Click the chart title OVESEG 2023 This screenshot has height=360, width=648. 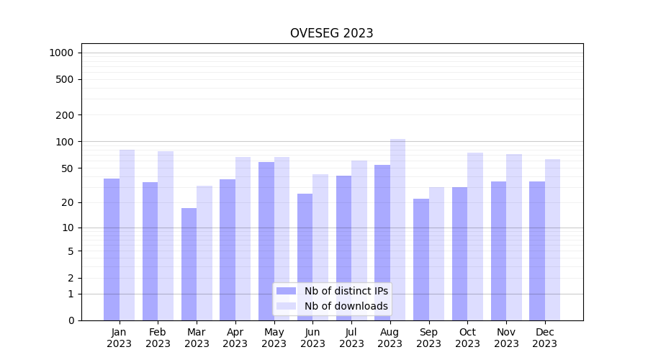(x=331, y=33)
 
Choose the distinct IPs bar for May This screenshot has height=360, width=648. (x=266, y=240)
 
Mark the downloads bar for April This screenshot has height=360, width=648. (x=243, y=238)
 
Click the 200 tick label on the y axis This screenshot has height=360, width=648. (x=65, y=115)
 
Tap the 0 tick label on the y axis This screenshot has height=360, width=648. (x=71, y=320)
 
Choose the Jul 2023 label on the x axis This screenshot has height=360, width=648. (x=351, y=338)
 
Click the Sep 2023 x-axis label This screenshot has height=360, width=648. (x=428, y=338)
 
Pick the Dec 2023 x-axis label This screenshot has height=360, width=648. (x=544, y=338)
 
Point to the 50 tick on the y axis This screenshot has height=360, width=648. (x=67, y=168)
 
